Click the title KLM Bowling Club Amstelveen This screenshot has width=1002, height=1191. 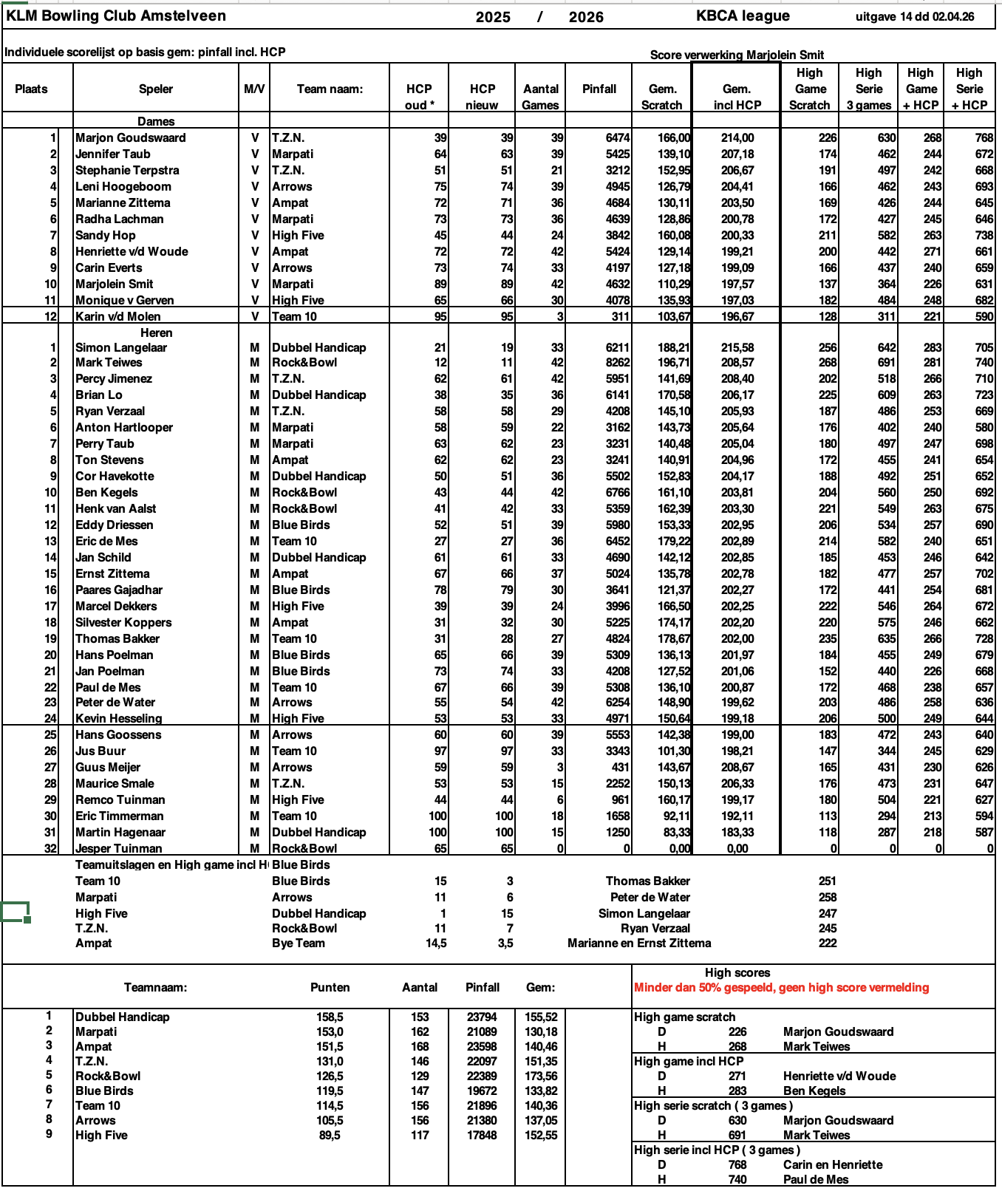coord(116,16)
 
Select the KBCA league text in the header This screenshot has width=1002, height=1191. coord(742,16)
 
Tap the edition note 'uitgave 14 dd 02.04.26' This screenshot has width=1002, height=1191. coord(914,16)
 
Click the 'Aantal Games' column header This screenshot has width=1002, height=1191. coord(540,97)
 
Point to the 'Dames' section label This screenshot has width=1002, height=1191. coord(156,121)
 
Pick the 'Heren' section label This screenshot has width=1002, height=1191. coord(156,332)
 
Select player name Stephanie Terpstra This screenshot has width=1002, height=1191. coord(127,170)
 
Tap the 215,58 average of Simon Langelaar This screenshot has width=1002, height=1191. coord(737,347)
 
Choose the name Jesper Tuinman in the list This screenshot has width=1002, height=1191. coord(118,848)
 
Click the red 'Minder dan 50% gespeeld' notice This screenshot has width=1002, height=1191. coord(781,987)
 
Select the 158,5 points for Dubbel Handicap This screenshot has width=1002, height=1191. coord(330,1017)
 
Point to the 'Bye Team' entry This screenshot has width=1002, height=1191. coord(298,943)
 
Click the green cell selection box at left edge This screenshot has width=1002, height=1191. coord(15,912)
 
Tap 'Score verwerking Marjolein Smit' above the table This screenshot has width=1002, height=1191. coord(736,55)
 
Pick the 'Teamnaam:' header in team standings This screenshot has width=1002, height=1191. coord(155,987)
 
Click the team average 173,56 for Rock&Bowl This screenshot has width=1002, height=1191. coord(541,1076)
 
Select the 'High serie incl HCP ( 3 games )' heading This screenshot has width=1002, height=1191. coord(717,1150)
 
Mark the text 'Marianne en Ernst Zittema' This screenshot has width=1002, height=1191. coord(639,943)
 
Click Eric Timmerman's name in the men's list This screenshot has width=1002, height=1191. coord(119,816)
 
